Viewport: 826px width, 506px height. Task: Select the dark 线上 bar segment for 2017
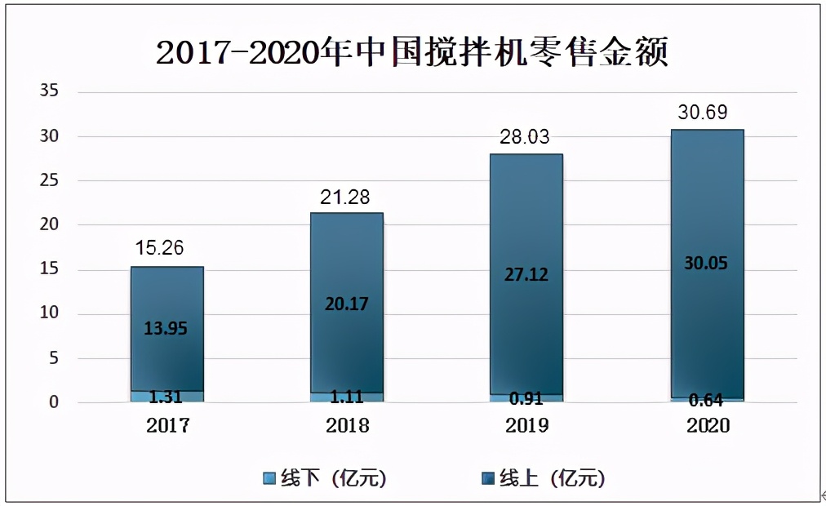point(167,359)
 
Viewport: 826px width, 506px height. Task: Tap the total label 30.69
point(703,112)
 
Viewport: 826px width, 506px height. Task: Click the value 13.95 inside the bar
point(167,328)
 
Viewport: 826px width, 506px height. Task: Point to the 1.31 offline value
point(167,397)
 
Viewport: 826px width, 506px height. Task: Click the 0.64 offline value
point(707,400)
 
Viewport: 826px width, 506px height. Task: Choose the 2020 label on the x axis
point(707,425)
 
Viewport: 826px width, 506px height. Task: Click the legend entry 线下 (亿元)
point(324,477)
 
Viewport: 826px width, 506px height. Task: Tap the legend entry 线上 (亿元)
point(543,477)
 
